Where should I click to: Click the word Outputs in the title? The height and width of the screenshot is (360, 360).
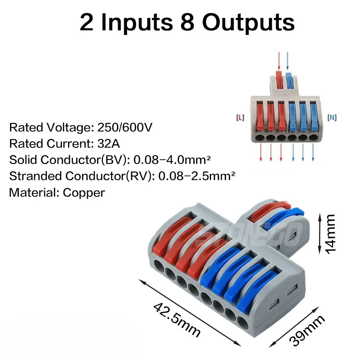(x=248, y=22)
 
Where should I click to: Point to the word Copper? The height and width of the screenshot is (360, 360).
(x=84, y=192)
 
